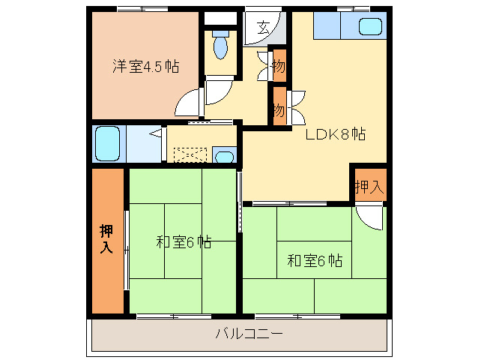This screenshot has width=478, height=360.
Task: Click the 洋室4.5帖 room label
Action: point(145,66)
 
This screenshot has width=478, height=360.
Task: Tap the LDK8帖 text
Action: point(335,135)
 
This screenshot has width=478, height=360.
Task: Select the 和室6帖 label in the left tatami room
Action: point(184,242)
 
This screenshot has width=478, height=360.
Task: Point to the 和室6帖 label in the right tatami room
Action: point(315,261)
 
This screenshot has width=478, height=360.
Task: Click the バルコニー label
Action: point(249,333)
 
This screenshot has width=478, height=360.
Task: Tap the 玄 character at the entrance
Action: point(264,29)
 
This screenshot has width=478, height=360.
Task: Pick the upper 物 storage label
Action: point(279,67)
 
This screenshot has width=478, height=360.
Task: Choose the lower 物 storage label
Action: point(279,109)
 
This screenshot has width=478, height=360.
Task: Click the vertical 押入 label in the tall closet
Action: point(106,238)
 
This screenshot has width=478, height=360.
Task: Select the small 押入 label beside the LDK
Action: point(369,187)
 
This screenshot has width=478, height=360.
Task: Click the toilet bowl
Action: point(220,46)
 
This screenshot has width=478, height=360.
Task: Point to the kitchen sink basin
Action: point(370,27)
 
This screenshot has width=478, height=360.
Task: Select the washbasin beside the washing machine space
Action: point(223,157)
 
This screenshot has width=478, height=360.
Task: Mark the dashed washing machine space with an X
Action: point(190,154)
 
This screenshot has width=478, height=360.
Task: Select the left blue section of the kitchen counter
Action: point(326,26)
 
